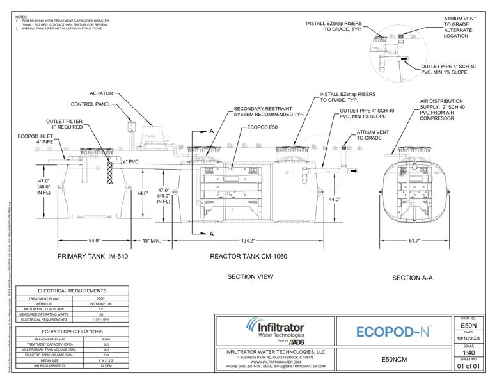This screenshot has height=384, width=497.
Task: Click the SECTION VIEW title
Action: pos(251,276)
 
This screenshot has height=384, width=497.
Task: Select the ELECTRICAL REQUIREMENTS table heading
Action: pos(72,291)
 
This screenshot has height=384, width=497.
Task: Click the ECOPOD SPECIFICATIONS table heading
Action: pos(72,332)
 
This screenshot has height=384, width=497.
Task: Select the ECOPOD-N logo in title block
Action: pos(392,332)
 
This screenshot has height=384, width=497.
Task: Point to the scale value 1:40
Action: pos(471,352)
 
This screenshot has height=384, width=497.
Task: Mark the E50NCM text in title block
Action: pos(392,359)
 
